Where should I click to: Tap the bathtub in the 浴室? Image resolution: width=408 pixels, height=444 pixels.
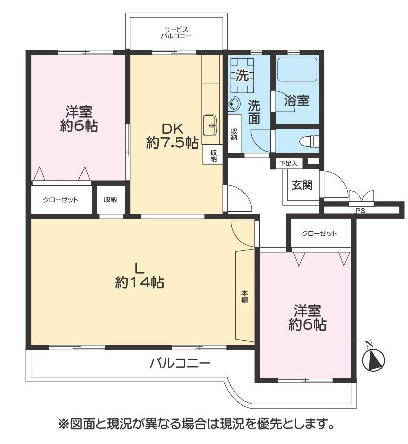(x=296, y=70)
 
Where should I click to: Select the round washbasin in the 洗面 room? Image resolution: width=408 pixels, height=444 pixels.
(x=234, y=104)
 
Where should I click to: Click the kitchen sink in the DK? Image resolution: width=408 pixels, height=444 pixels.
(x=210, y=125)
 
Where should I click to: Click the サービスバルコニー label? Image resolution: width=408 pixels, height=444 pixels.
(x=176, y=33)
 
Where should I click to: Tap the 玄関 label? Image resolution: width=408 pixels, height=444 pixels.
(x=302, y=185)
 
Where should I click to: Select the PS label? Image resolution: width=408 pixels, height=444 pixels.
(x=360, y=211)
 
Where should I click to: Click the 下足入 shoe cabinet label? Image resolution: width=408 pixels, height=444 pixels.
(x=288, y=163)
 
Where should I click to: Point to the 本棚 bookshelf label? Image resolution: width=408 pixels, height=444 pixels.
(x=244, y=297)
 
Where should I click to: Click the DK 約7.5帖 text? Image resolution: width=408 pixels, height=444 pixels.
(x=172, y=136)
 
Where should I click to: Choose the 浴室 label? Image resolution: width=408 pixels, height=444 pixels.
(x=296, y=101)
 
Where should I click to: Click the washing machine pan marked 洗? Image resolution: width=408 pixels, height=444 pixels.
(x=242, y=75)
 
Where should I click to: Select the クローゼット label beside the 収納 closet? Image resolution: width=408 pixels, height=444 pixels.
(x=61, y=200)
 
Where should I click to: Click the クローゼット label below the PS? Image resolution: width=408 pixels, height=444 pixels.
(x=319, y=234)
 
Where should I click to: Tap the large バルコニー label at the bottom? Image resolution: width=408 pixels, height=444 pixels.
(x=180, y=363)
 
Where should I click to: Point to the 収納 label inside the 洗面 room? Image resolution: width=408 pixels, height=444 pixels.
(x=234, y=134)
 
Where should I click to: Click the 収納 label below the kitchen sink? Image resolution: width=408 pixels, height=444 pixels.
(x=214, y=156)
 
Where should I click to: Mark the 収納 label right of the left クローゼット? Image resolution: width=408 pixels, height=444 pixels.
(x=111, y=200)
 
